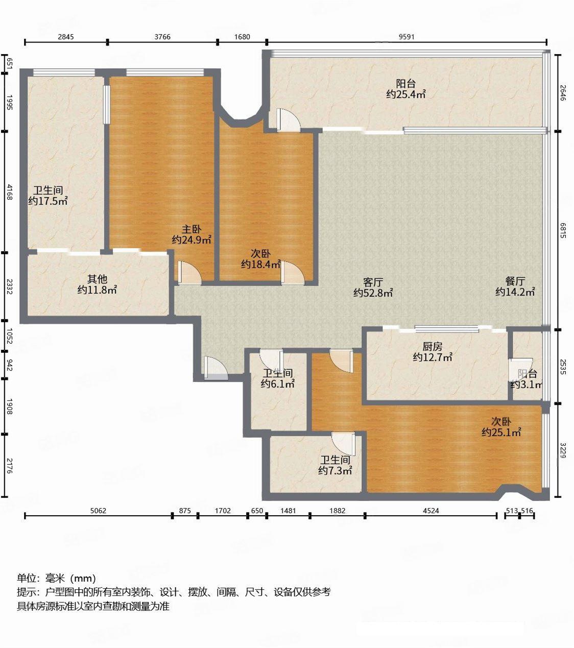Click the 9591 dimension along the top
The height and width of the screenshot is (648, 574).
pos(406,36)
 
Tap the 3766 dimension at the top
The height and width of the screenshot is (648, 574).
pos(162,36)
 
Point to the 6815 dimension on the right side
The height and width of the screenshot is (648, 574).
pos(563,230)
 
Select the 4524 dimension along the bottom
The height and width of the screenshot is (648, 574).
pos(431,510)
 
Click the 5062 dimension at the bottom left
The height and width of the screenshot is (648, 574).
pos(98,510)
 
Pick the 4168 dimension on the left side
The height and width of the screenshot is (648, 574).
pos(9,191)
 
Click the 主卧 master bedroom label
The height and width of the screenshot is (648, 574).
pos(192,230)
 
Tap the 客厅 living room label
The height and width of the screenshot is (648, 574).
pos(373,282)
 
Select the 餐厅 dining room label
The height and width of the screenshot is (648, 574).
pos(515,281)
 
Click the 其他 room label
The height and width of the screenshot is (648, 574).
pos(97,279)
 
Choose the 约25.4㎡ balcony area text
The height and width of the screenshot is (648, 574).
pos(406,94)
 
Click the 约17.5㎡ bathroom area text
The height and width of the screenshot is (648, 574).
pos(48,201)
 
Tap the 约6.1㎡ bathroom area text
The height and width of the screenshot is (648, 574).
pos(278,384)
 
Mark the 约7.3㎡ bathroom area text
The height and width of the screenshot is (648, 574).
pos(335,471)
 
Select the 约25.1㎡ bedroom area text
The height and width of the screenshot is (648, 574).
pos(501,433)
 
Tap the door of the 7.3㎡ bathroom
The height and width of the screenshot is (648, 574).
pos(343,442)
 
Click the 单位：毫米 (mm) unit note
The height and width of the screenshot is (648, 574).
pos(56,578)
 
